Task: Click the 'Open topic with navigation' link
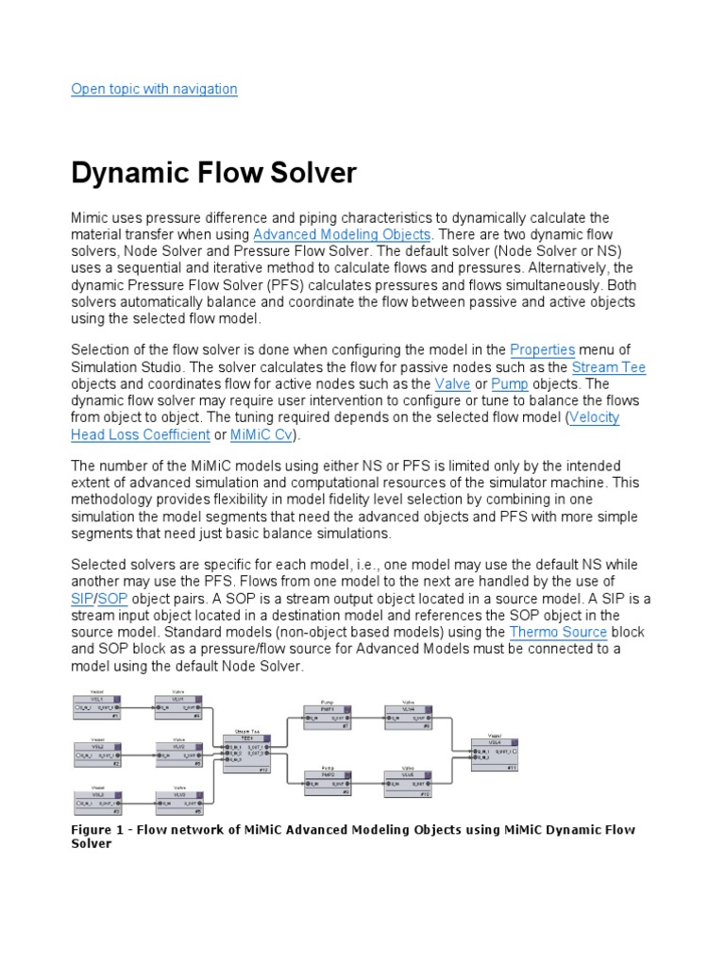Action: point(155,89)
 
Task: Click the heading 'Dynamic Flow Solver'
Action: point(214,173)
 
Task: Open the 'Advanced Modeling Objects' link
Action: point(342,233)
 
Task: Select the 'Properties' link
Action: point(542,350)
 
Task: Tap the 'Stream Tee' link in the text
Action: point(609,367)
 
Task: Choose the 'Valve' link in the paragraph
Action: point(452,384)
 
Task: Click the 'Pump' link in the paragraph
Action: point(509,384)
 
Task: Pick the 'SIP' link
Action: point(82,599)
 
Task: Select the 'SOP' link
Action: point(113,599)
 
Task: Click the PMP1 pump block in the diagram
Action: point(328,717)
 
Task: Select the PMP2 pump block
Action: point(328,780)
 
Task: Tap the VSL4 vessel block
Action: point(494,753)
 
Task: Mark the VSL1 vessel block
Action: point(97,704)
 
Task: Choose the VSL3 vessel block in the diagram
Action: point(97,800)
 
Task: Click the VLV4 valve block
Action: point(408,717)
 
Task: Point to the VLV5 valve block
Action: point(408,780)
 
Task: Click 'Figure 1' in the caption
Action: point(99,830)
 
